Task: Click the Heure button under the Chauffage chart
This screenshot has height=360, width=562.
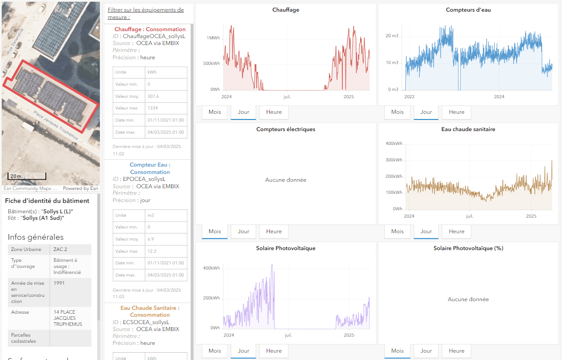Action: point(274,112)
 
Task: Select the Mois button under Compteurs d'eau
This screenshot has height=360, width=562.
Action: point(397,112)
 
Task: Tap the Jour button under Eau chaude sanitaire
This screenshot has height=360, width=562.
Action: point(426,231)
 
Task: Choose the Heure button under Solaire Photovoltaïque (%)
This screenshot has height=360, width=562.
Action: point(456,351)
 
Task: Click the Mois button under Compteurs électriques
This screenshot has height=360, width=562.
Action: point(214,231)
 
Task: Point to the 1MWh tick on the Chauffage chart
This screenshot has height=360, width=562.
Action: point(213,38)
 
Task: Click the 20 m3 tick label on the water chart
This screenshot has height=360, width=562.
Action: point(392,36)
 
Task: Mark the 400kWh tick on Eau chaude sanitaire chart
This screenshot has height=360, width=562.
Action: point(393,143)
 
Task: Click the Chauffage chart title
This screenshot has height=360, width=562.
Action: point(285,10)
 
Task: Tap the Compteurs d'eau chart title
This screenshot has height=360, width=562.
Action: point(468,10)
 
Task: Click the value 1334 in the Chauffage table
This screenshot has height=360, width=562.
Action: point(153,108)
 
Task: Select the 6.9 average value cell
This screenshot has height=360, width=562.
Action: point(151,239)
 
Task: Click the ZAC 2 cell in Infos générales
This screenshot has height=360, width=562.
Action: point(61,250)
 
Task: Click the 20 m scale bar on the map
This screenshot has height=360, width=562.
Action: point(27,176)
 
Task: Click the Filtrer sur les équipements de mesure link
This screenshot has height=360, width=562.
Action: point(146,13)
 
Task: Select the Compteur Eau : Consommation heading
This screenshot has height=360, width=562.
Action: point(150,168)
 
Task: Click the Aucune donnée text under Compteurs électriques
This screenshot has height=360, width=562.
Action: point(285,180)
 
